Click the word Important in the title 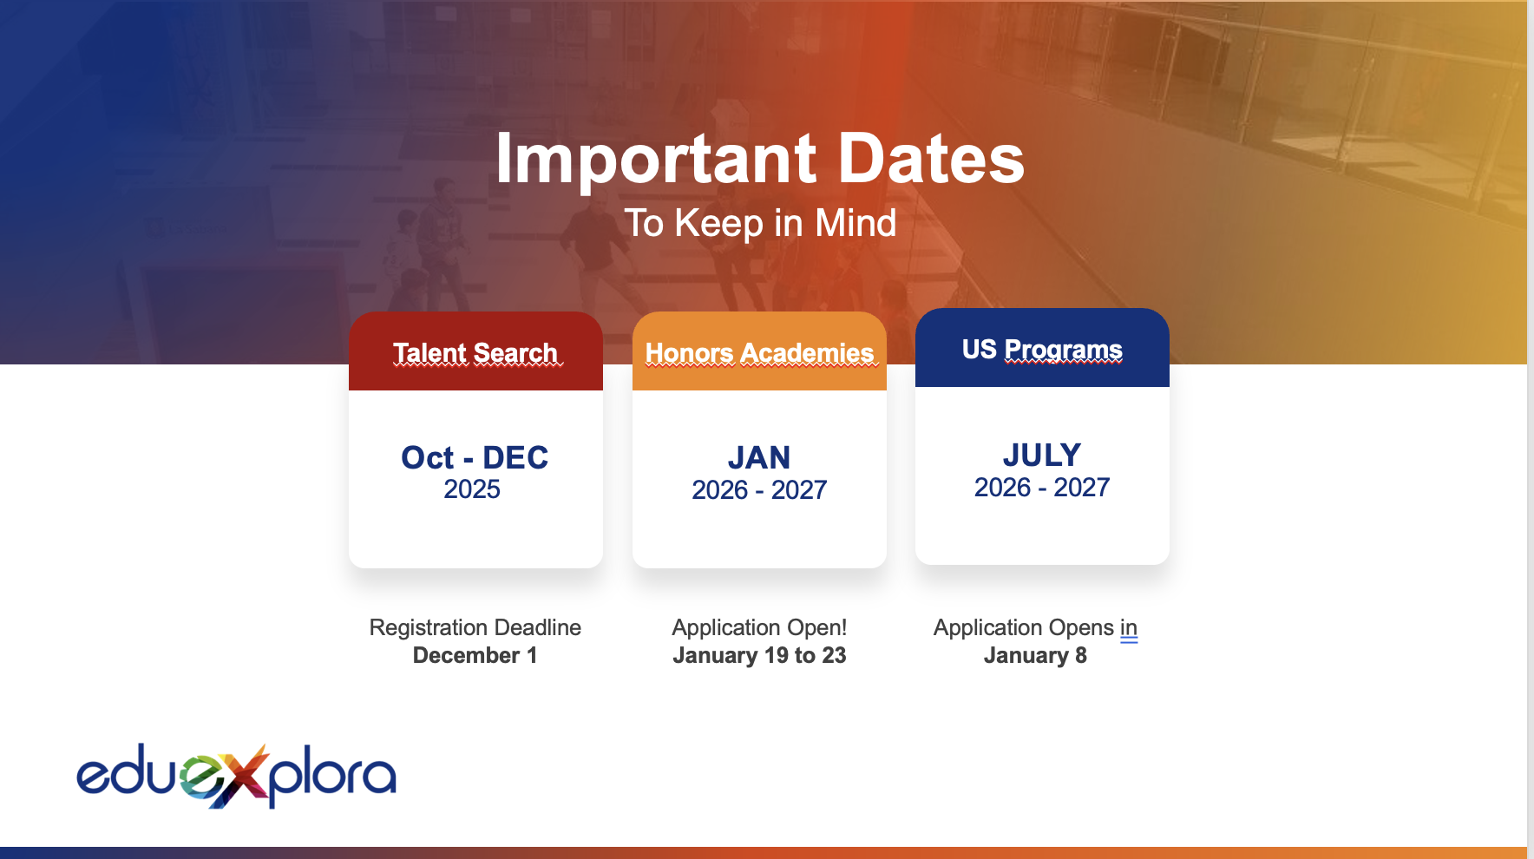656,160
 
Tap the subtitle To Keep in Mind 760,223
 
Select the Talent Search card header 475,351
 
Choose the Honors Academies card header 759,351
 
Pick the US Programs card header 1042,348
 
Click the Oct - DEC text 475,457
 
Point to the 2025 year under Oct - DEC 472,489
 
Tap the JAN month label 759,457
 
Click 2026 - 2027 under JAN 759,490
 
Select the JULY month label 1042,455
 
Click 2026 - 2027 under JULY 1042,488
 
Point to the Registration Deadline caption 475,627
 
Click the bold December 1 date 475,655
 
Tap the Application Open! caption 759,627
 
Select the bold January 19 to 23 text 759,655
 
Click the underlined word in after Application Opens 1129,627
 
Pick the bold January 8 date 1035,655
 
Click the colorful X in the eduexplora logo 240,775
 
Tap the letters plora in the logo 333,777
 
